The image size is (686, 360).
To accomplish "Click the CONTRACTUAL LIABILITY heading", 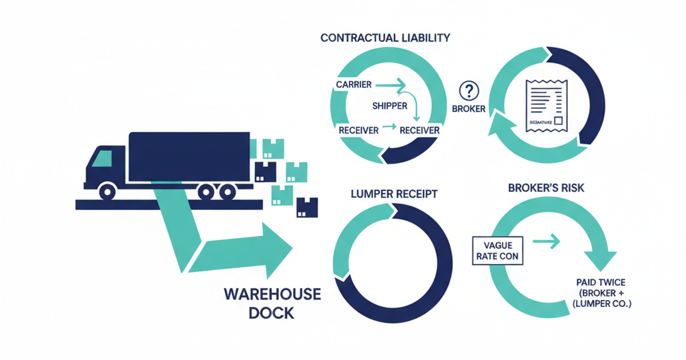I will [385, 38].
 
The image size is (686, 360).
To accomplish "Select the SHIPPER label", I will [389, 106].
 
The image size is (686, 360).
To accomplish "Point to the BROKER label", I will [469, 109].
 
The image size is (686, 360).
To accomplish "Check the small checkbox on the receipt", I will [558, 121].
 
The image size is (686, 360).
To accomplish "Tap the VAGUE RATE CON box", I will [497, 250].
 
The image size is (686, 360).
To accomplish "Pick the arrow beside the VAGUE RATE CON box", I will [547, 242].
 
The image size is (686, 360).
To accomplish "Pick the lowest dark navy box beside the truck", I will [307, 207].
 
